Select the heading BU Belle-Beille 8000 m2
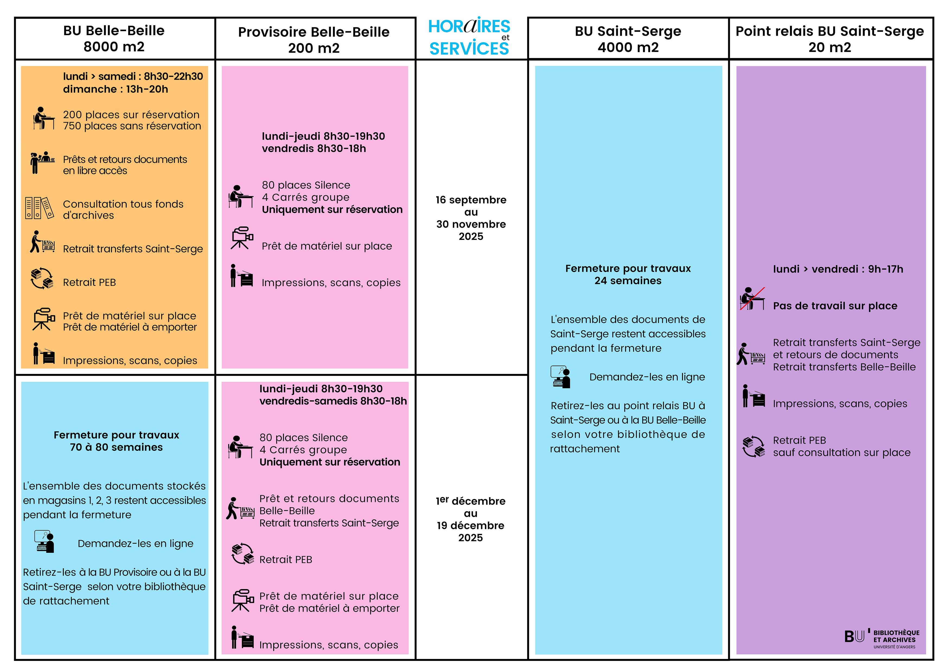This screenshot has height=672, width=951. coord(114,38)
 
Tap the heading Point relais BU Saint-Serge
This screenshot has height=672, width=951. coord(830,31)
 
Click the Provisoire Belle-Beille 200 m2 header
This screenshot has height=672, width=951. coord(314,40)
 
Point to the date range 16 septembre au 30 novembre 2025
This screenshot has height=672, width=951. coord(471,218)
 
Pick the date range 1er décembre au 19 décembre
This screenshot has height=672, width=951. coord(471,519)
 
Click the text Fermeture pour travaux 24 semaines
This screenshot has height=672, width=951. coord(628,274)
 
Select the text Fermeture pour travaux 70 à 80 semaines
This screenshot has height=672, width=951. coord(116,441)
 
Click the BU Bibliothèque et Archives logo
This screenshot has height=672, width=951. coord(882,638)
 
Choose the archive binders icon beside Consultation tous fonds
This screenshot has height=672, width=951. coord(39,208)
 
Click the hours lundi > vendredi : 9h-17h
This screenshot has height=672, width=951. coord(838,269)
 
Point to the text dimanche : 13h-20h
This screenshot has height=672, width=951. coord(115,89)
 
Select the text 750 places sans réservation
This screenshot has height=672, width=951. coord(132,126)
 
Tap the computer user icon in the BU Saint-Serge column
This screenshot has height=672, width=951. coord(560,377)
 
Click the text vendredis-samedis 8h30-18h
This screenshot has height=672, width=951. coord(333,401)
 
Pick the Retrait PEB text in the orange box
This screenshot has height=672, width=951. coord(89,282)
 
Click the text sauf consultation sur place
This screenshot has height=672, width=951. coord(842,453)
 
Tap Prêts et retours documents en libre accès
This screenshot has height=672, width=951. coord(125,165)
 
